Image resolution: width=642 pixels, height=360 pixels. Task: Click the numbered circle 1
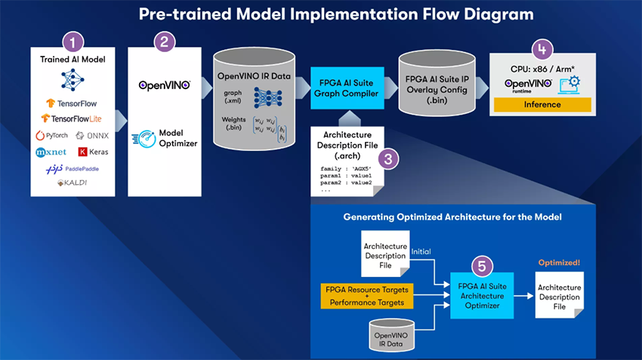pos(73,42)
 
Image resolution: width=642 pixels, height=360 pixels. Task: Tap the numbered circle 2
pos(164,42)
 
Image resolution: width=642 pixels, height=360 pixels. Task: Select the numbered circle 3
pos(387,158)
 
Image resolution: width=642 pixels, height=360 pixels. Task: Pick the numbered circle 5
pos(482,266)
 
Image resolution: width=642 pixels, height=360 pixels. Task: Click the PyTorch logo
pos(51,136)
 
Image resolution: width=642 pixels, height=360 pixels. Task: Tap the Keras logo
pos(94,152)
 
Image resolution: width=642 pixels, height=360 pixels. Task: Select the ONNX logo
pos(94,136)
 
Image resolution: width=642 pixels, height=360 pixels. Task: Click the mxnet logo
pos(51,152)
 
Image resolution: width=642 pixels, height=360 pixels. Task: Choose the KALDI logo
pos(73,184)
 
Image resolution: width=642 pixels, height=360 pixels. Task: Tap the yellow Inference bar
pos(542,104)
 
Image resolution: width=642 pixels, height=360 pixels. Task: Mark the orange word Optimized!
pos(559,263)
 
